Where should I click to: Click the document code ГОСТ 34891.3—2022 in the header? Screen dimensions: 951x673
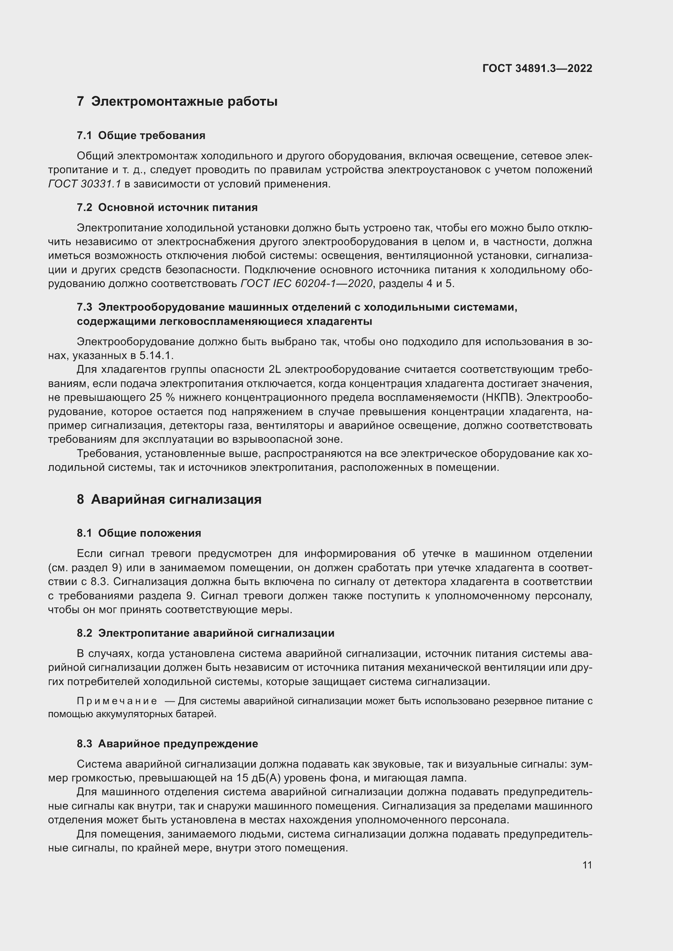coord(537,68)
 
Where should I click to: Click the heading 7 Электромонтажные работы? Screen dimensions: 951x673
coord(177,102)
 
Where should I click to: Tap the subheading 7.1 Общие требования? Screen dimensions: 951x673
coord(141,135)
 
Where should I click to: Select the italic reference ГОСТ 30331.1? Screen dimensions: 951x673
coord(85,184)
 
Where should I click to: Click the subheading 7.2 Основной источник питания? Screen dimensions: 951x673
coord(167,207)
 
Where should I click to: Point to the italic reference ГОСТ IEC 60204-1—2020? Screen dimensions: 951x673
coord(306,284)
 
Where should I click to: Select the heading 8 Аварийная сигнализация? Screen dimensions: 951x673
coord(169,500)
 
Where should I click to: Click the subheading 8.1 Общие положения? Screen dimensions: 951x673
coord(139,533)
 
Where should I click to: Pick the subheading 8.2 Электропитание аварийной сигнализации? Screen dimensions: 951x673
coord(205,633)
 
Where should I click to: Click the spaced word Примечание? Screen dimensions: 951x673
coord(117,701)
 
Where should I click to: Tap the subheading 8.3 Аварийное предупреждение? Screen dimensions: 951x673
coord(167,744)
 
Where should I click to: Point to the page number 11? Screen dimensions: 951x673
coord(587,865)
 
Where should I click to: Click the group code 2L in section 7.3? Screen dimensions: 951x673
coord(275,370)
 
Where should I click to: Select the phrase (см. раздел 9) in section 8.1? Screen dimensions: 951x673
coord(85,568)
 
